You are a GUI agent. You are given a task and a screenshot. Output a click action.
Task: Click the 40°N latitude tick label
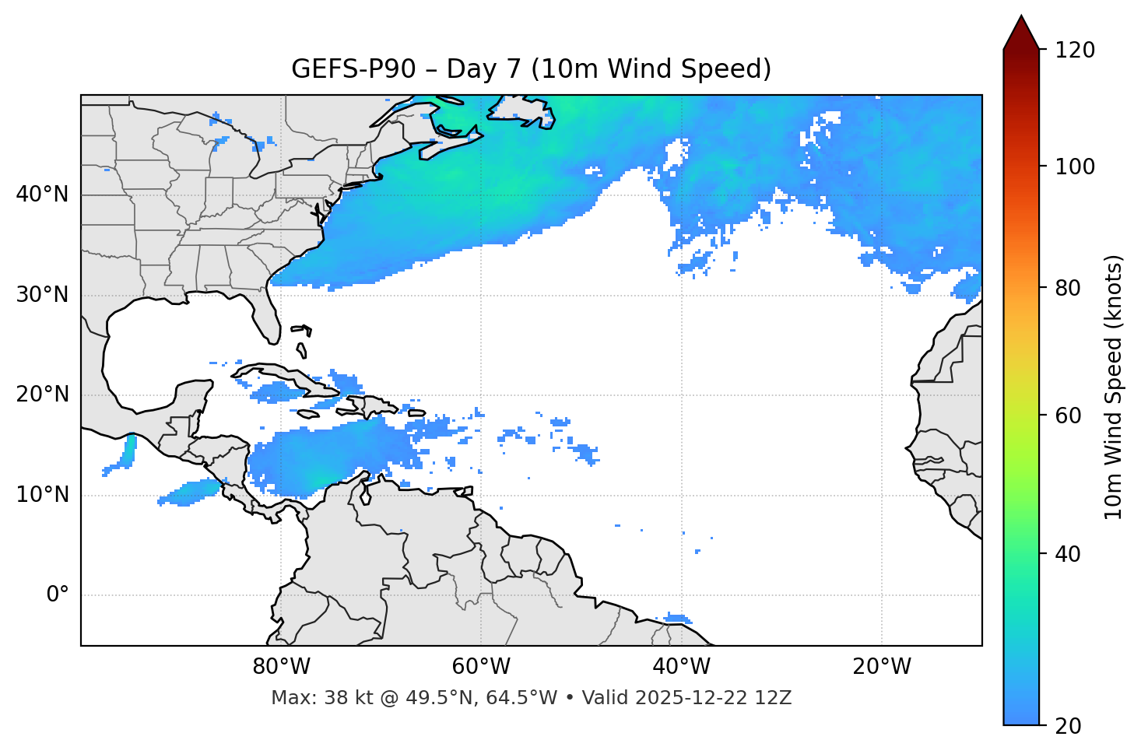tap(42, 195)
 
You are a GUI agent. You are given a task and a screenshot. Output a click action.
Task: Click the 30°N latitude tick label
tap(42, 295)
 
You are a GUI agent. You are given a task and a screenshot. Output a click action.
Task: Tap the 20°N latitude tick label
tap(42, 395)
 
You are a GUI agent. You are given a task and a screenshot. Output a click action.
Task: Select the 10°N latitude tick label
tap(42, 495)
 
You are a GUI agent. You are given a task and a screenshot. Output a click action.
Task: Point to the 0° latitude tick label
tap(57, 595)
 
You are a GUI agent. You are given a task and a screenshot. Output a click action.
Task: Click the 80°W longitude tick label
tap(281, 667)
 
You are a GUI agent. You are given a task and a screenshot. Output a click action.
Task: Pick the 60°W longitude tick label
tap(481, 667)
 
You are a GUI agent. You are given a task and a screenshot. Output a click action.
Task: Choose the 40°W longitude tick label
tap(681, 667)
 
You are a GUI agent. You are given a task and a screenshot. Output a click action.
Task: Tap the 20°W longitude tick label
tap(882, 667)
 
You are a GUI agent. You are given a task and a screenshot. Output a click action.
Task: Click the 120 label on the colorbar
tap(1075, 51)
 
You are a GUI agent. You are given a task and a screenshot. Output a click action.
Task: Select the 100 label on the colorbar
tap(1075, 167)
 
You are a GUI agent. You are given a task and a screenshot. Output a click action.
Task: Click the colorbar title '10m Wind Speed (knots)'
tap(1114, 388)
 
